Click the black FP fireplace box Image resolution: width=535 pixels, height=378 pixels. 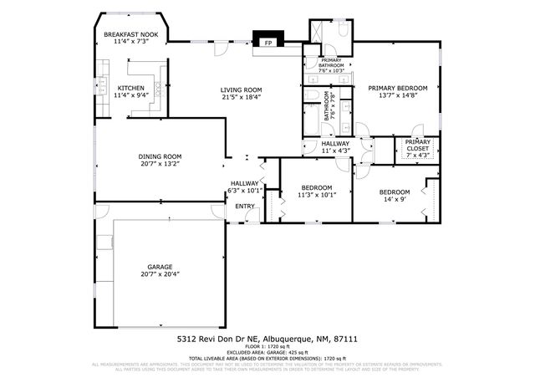click(269, 42)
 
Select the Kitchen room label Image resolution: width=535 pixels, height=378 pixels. click(130, 88)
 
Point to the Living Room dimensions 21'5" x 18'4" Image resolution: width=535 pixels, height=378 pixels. click(242, 97)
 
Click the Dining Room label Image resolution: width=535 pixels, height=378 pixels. click(160, 156)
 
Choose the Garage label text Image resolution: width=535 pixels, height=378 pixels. click(160, 267)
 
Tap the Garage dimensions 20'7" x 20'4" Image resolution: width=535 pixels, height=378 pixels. click(160, 274)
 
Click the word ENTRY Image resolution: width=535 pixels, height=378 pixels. click(245, 206)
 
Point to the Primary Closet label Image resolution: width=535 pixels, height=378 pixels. click(417, 145)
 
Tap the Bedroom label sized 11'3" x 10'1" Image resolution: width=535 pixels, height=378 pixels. click(317, 187)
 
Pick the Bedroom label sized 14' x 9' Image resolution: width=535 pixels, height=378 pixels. click(394, 192)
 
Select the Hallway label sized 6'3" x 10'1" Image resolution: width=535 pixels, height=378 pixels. click(245, 183)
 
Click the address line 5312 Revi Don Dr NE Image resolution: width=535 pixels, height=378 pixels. click(267, 340)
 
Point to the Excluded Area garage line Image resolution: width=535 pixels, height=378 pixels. click(267, 352)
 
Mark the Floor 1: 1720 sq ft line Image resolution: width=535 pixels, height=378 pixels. click(267, 347)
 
